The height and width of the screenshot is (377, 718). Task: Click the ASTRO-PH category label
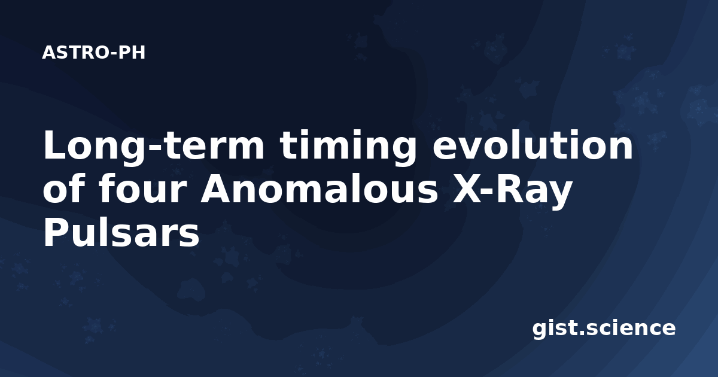(x=93, y=53)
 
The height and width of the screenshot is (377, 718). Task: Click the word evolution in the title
(x=533, y=145)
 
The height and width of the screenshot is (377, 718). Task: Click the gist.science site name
(x=604, y=329)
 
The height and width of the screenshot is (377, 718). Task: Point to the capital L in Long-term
(x=56, y=145)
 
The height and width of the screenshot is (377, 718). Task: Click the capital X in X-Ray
(x=466, y=189)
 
